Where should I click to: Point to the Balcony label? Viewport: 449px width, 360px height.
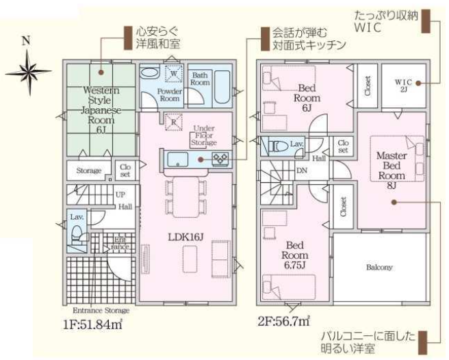pos(379,267)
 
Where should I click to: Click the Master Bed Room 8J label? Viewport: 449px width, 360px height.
pos(392,166)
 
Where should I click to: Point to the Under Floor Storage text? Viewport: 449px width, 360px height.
pos(205,136)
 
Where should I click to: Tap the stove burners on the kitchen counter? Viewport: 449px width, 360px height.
pos(220,159)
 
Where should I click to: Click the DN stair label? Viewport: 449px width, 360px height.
pos(302,172)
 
